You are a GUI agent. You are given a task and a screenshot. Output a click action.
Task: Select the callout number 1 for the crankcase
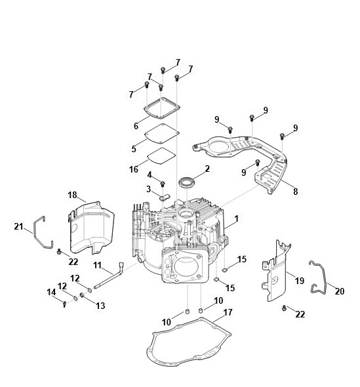237,218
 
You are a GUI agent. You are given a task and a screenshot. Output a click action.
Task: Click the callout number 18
72,195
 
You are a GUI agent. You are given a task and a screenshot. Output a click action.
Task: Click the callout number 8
295,192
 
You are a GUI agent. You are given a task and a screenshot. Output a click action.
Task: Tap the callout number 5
134,149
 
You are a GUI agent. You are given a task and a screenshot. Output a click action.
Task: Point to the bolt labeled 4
163,184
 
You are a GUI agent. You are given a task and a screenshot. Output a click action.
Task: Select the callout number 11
97,265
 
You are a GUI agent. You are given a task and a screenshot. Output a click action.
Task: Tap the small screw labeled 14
65,304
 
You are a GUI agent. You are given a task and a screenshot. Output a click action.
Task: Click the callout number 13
100,306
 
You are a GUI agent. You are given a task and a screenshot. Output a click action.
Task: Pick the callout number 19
300,281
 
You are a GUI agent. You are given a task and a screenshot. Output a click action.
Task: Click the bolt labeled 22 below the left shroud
59,251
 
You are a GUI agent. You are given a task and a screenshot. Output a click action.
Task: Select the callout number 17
228,312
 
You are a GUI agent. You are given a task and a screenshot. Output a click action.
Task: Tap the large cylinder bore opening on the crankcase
186,268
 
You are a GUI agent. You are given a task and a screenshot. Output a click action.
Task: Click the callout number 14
51,293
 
